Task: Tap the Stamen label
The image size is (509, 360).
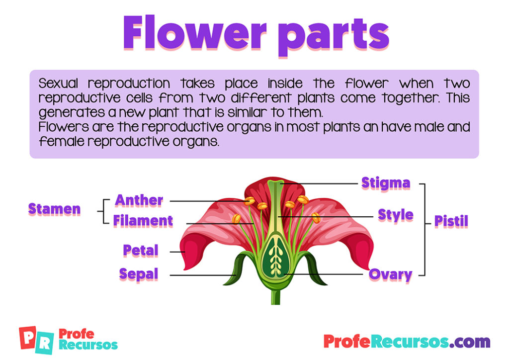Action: [x=54, y=209]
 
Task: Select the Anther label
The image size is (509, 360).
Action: [x=139, y=200]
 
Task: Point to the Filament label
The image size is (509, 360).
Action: [x=143, y=220]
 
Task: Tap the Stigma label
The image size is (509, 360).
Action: [x=385, y=183]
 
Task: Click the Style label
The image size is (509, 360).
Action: [x=395, y=215]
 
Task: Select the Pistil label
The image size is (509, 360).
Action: [x=451, y=221]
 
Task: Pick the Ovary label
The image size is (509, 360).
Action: [x=390, y=274]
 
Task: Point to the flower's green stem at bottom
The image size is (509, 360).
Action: [x=275, y=296]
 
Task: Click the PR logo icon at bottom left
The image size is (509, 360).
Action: [x=34, y=340]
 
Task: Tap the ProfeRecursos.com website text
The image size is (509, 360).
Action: [x=406, y=342]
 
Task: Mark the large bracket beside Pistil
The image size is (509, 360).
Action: [x=424, y=229]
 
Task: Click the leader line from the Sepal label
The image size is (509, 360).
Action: [x=199, y=275]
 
